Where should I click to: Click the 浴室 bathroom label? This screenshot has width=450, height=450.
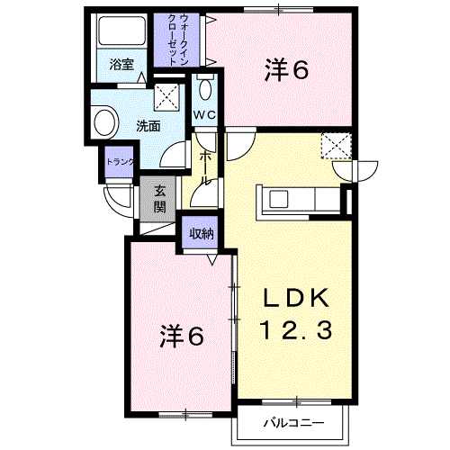(121, 65)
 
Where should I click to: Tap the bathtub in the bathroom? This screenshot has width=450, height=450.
(122, 31)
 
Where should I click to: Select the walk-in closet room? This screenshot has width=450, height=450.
(176, 40)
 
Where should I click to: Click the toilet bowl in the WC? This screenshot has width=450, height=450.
(205, 89)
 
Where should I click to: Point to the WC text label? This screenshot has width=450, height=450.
(204, 114)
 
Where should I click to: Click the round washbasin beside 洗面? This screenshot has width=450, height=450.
(104, 122)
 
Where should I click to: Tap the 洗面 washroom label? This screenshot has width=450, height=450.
(148, 126)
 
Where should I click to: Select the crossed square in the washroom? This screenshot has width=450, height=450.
(166, 97)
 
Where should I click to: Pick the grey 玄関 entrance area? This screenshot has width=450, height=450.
(157, 199)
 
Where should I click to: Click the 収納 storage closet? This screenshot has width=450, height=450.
(200, 232)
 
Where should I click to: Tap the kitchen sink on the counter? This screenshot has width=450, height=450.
(279, 199)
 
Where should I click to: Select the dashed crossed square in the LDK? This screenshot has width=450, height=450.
(337, 146)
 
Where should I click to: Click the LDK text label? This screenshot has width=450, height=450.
(295, 298)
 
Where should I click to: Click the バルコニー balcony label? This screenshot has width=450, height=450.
(293, 423)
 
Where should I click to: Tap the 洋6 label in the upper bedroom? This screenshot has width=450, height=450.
(286, 69)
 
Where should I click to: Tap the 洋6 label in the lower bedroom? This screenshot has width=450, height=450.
(182, 336)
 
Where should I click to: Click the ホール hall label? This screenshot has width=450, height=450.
(205, 168)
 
